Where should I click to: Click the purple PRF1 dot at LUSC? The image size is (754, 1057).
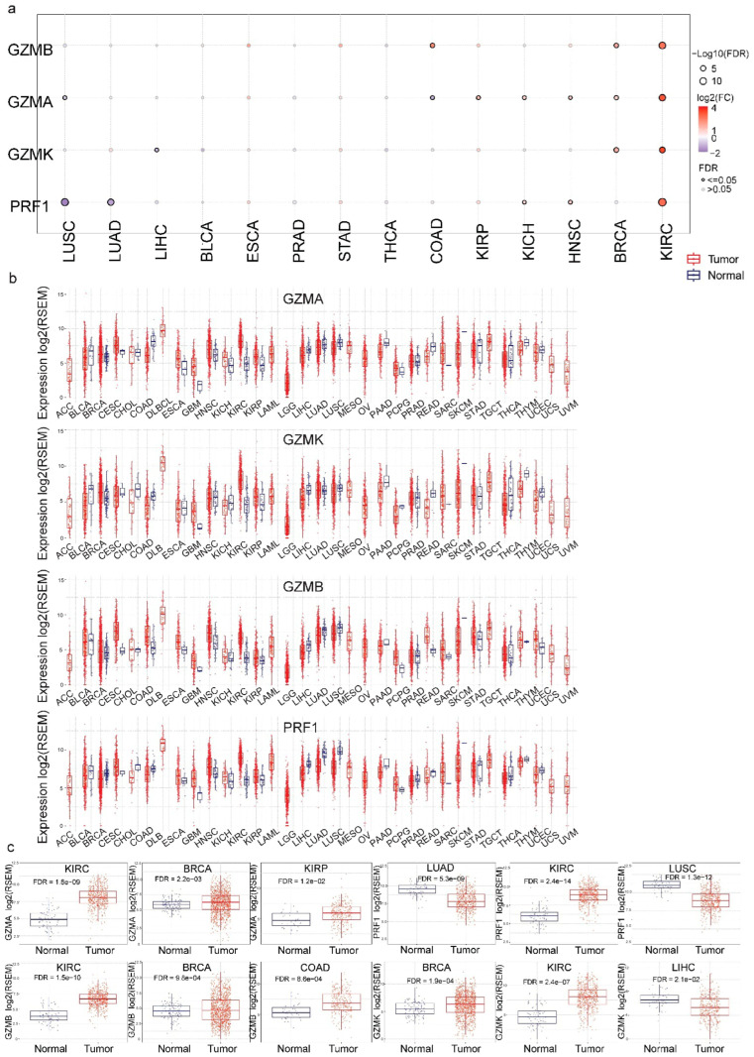pos(64,202)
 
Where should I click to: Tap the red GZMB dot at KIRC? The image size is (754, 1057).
pos(662,46)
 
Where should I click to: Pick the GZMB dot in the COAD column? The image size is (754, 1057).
pos(433,46)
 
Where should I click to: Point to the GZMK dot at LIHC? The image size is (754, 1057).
pos(157,150)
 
